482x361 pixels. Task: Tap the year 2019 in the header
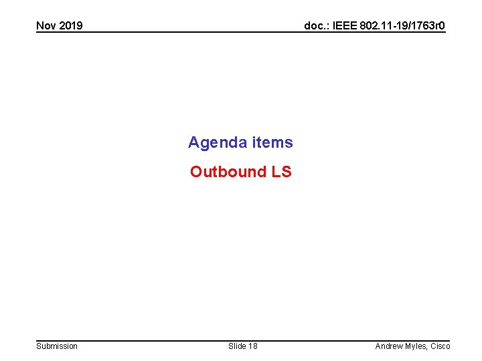(x=70, y=26)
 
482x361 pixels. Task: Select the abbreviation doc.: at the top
(x=316, y=26)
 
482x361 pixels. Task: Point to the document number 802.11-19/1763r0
(x=402, y=26)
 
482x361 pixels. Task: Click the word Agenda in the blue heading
(x=218, y=142)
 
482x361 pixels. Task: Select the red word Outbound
(x=228, y=172)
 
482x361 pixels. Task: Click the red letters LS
(x=281, y=172)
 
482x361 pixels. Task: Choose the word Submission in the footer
(x=57, y=346)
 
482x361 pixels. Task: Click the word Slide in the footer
(x=237, y=346)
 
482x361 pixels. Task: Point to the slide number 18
(x=252, y=346)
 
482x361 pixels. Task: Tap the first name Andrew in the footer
(x=389, y=346)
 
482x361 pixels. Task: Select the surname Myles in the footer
(x=416, y=346)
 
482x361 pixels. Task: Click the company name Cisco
(x=440, y=346)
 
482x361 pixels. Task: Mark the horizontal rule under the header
(x=241, y=33)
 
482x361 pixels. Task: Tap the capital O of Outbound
(x=196, y=172)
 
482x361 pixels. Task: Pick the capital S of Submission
(x=38, y=346)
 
